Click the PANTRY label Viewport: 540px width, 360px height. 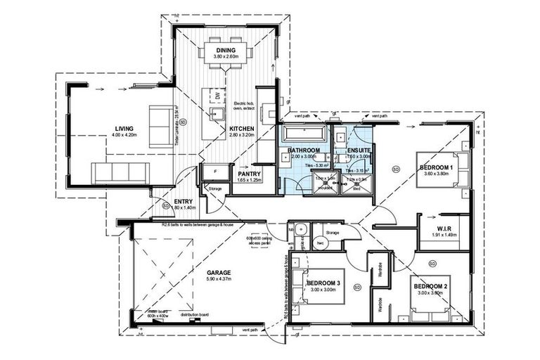(250, 173)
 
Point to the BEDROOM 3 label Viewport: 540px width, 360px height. (323, 283)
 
